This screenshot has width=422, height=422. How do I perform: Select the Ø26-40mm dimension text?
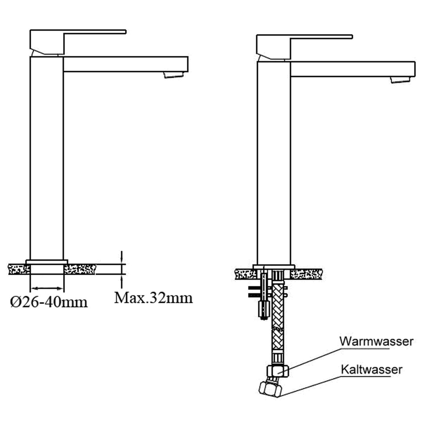[49, 302]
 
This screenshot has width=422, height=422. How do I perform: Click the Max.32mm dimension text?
[154, 298]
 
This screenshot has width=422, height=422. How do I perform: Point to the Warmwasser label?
[376, 341]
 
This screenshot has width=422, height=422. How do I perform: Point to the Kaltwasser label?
[371, 369]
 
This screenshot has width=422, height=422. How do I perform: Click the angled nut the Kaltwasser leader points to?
[270, 389]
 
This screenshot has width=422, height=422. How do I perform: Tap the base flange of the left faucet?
[46, 261]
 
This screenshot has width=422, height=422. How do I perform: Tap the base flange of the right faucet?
[274, 267]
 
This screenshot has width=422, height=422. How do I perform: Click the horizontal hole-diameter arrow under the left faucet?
[47, 288]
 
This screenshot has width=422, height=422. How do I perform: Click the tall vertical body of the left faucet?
[46, 156]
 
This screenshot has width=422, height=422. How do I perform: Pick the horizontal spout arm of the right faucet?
[352, 69]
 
